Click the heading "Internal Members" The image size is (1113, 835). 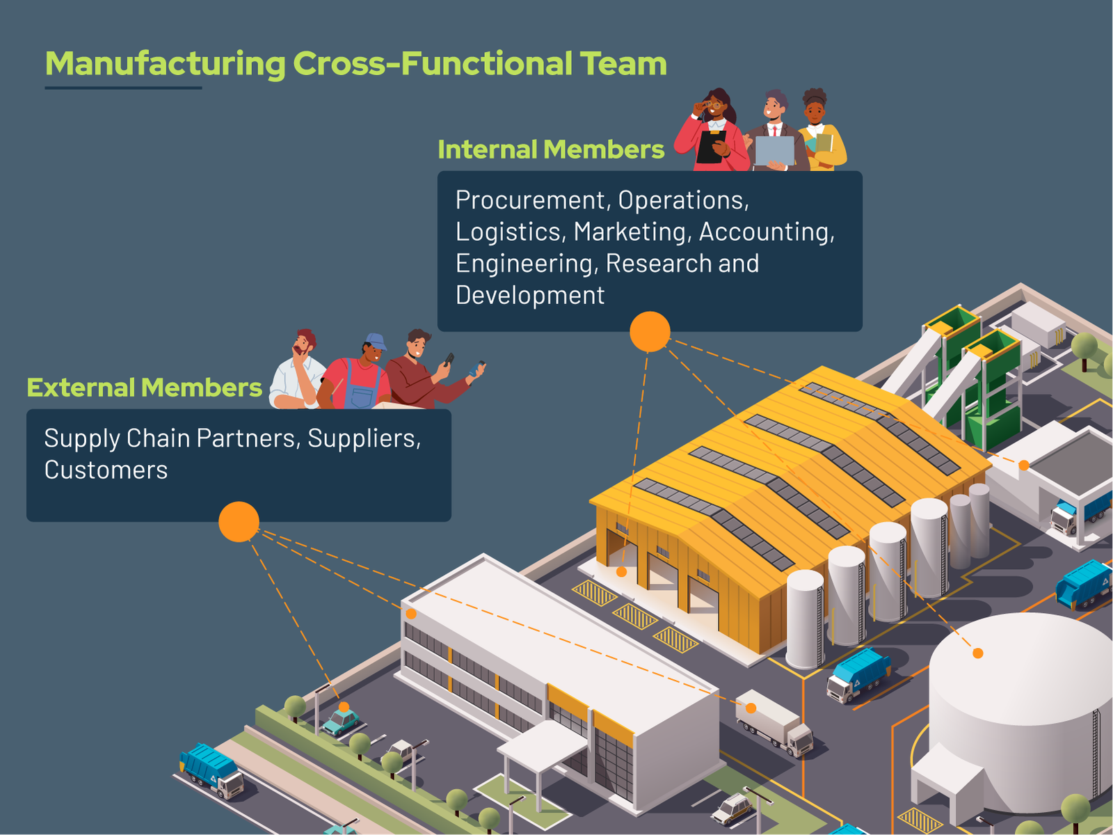551,150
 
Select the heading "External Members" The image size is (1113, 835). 144,388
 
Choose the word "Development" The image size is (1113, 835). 530,296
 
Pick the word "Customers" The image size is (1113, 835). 106,470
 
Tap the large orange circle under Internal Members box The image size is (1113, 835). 650,331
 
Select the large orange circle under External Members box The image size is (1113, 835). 239,522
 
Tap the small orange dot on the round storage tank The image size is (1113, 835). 977,653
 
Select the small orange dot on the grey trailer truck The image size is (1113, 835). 751,708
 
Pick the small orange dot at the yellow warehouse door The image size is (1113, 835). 621,572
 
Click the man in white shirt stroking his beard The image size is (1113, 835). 298,372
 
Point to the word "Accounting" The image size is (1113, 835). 766,232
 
